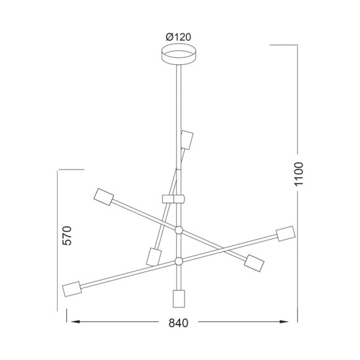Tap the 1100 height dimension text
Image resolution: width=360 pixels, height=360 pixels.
point(299,175)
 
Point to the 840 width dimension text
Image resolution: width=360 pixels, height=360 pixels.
point(177,323)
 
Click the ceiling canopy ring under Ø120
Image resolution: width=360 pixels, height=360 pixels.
point(178,54)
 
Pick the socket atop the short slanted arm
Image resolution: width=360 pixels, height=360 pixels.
point(187,141)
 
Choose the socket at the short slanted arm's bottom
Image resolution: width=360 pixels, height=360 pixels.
point(154,256)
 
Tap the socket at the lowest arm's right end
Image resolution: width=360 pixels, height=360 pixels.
point(285,234)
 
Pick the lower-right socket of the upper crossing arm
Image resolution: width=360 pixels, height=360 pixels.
point(253,264)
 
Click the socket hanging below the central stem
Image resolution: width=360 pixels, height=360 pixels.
point(178,298)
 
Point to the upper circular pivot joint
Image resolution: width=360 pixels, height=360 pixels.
point(178,229)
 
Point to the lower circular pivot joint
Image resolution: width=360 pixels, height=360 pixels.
point(178,261)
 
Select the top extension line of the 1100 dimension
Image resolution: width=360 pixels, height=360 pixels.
point(286,45)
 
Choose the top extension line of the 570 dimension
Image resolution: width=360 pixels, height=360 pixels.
point(71,170)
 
